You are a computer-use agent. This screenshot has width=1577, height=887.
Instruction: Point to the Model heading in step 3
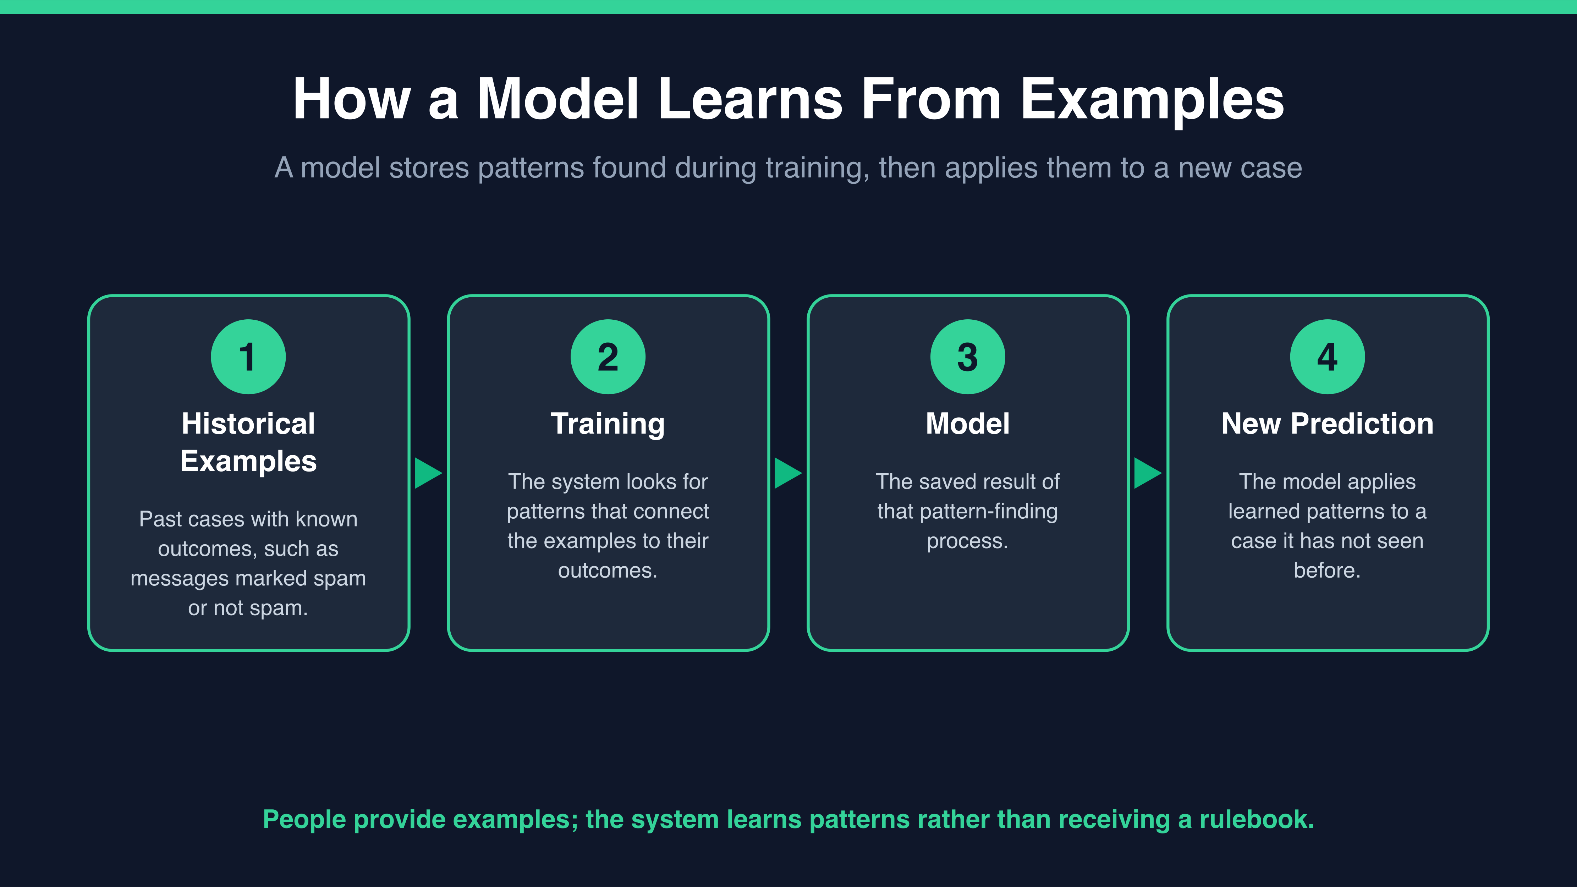pos(968,424)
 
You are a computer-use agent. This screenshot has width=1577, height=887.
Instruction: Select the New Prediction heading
pos(1327,424)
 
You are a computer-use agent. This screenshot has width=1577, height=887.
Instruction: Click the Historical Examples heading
pos(248,442)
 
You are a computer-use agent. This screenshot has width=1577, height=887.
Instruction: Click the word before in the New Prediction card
pos(1326,571)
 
